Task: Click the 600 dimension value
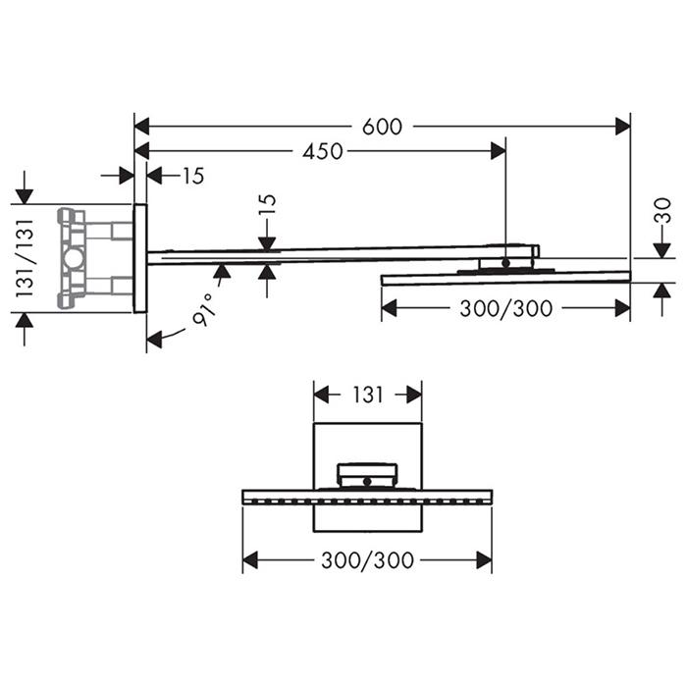point(382,127)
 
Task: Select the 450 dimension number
point(323,151)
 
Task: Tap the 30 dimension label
point(664,211)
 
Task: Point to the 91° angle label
point(204,310)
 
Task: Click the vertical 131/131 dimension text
point(25,258)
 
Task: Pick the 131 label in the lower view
point(368,395)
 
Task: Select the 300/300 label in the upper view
point(506,308)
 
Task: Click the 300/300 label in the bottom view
point(368,560)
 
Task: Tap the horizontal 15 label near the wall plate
point(193,176)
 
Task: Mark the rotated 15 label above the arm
point(268,204)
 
